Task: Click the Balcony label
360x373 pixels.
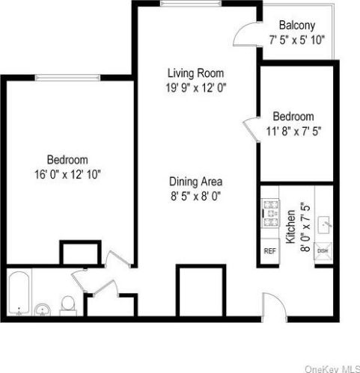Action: point(296,25)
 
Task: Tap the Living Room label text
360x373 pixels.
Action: point(196,73)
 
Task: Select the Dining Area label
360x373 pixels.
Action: point(196,181)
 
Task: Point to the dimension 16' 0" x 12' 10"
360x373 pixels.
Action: point(68,173)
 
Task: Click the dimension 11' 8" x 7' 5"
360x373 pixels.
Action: point(293,131)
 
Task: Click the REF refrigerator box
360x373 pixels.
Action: point(270,251)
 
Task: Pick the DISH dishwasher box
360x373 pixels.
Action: point(323,251)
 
